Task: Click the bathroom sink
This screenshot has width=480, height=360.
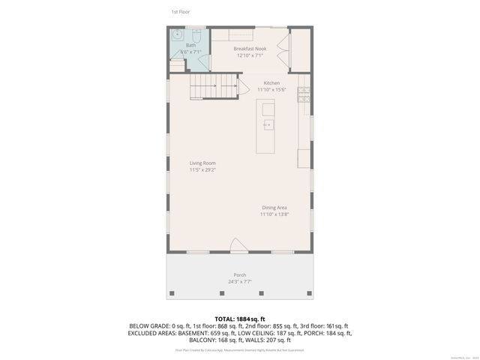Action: point(177,34)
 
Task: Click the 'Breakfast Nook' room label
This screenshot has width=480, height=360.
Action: point(249,48)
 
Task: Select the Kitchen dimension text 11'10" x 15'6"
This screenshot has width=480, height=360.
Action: point(271,89)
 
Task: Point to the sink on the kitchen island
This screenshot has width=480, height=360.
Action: point(268,124)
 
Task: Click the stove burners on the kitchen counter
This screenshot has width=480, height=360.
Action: point(304,94)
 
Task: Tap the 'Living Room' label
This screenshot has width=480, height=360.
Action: point(202,163)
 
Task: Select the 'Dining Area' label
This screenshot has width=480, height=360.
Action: point(274,208)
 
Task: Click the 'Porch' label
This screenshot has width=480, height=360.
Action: point(239,275)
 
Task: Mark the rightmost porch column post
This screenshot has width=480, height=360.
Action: point(310,292)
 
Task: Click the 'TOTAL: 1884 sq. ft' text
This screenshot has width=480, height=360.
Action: point(239,319)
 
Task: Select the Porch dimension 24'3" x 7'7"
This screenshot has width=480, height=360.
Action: point(239,282)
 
